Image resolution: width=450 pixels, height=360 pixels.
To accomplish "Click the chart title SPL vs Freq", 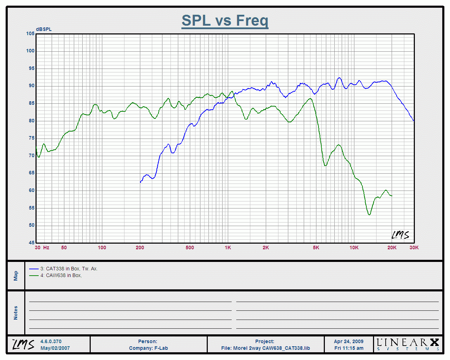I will coord(225,20).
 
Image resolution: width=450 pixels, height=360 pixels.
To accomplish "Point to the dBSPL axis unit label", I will coord(44,29).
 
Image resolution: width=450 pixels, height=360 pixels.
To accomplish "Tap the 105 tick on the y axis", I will coord(30,34).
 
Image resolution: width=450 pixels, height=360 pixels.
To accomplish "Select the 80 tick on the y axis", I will coord(32,121).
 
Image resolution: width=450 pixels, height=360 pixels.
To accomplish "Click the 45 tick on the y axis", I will coord(32,243).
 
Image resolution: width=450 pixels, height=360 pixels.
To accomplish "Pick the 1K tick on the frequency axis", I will coord(228,247).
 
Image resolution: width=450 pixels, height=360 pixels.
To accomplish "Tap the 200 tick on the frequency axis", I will coord(140,247).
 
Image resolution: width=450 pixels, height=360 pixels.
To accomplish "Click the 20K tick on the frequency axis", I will coord(392,247).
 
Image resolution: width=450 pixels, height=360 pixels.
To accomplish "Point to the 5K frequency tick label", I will coord(316,247).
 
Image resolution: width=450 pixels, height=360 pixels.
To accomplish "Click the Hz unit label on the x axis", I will coord(46,247).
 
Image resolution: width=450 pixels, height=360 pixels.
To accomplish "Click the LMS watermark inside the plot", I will coord(400,235).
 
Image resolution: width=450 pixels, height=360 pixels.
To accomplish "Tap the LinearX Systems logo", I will coord(408,344).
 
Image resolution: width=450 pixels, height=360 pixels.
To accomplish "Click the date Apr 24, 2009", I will coord(348,341).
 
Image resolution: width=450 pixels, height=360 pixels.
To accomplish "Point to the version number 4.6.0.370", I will coord(51,341).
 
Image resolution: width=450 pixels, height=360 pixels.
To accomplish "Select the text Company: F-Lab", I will coord(148,348).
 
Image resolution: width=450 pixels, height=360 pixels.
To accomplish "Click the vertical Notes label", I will coord(16,313).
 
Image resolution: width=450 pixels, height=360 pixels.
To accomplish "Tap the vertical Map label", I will coord(16,276).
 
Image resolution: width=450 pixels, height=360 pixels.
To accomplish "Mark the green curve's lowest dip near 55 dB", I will coord(369,214).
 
